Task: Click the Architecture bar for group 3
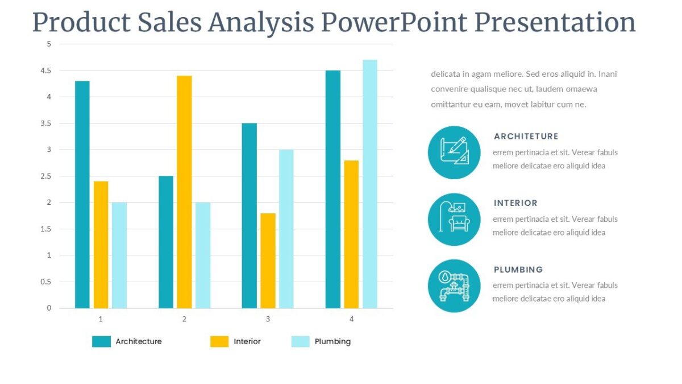[249, 216]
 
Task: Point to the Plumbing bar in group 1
[119, 255]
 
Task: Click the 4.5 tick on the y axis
[45, 71]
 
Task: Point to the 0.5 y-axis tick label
[45, 282]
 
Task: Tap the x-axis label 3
[268, 319]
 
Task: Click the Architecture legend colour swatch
[101, 341]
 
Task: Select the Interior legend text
[247, 341]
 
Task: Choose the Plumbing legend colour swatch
[301, 341]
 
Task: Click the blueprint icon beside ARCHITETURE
[454, 152]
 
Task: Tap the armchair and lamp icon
[454, 219]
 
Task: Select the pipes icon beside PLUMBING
[454, 286]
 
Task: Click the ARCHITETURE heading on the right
[526, 137]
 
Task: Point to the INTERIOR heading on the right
[515, 203]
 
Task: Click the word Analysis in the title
[260, 23]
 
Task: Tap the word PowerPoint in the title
[393, 23]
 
